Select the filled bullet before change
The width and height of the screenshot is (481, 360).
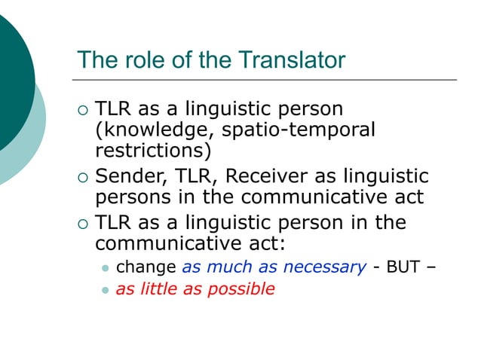pos(106,266)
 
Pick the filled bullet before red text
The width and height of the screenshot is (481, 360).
pos(106,289)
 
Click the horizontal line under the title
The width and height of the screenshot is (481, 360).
pos(264,79)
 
